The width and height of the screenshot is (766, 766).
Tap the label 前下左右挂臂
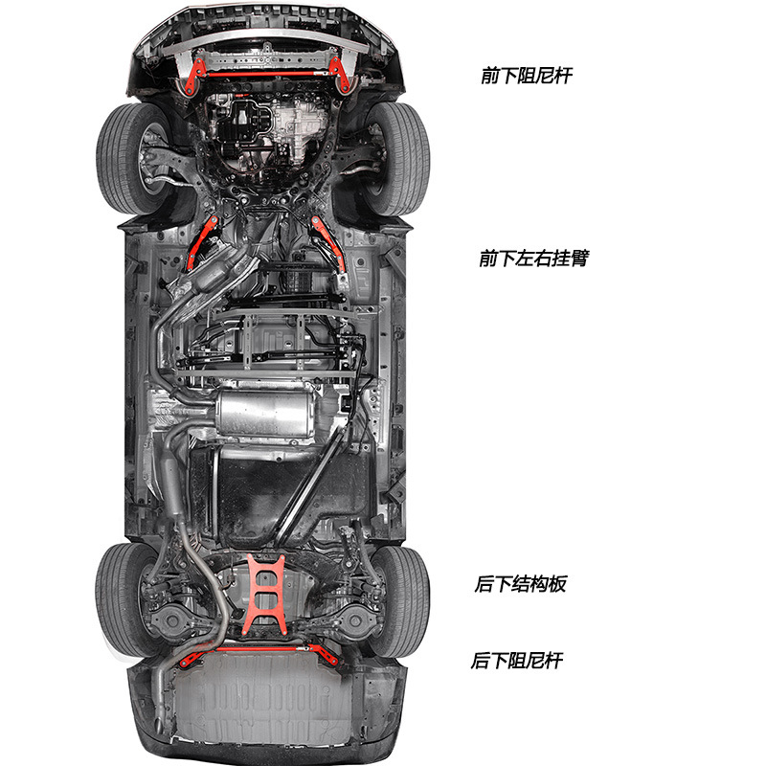tap(532, 259)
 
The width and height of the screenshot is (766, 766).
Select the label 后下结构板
tap(520, 583)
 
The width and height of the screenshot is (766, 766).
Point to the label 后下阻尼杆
tap(517, 661)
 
